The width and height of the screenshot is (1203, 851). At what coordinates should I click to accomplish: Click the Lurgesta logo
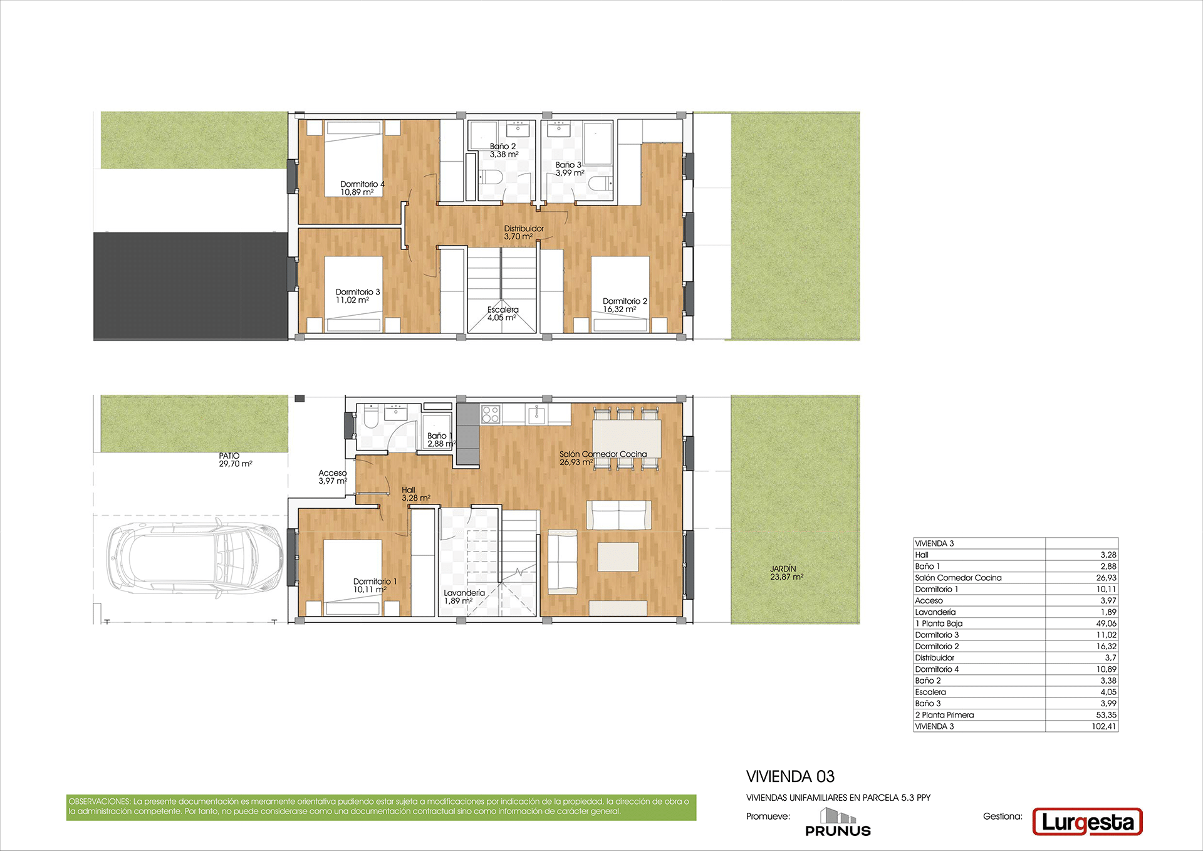tap(1087, 822)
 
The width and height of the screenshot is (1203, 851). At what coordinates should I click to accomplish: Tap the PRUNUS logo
tap(838, 822)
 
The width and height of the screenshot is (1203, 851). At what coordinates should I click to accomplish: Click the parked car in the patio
tap(195, 558)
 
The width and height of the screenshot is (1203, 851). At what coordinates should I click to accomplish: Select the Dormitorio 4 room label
tap(362, 188)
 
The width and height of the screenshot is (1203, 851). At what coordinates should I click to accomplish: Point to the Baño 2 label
tap(504, 150)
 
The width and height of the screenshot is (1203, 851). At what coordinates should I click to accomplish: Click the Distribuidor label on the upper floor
tap(524, 232)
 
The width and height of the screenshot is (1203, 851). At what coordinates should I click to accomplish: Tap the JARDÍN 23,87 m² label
tap(786, 573)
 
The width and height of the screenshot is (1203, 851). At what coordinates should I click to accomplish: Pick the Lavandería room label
tap(464, 597)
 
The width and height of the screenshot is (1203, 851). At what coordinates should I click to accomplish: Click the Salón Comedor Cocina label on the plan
tap(603, 458)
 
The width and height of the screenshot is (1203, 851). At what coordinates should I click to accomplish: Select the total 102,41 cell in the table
tap(1103, 726)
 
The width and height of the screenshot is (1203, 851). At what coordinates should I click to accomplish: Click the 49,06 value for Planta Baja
tap(1106, 624)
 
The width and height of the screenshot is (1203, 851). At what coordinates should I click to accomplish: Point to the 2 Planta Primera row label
tap(944, 715)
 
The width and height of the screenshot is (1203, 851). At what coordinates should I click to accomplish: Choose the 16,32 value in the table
tap(1106, 646)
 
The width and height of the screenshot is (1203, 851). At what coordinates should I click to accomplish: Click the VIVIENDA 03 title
tap(790, 776)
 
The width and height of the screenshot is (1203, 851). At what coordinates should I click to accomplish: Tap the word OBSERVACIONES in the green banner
tap(100, 801)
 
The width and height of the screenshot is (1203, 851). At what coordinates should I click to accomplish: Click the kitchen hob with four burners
tap(490, 414)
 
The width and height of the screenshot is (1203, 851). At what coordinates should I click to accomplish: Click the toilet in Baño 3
tap(601, 183)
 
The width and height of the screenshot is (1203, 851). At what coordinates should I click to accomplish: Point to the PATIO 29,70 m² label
tap(235, 460)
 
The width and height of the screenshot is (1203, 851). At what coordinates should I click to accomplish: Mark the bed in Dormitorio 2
tap(620, 293)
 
